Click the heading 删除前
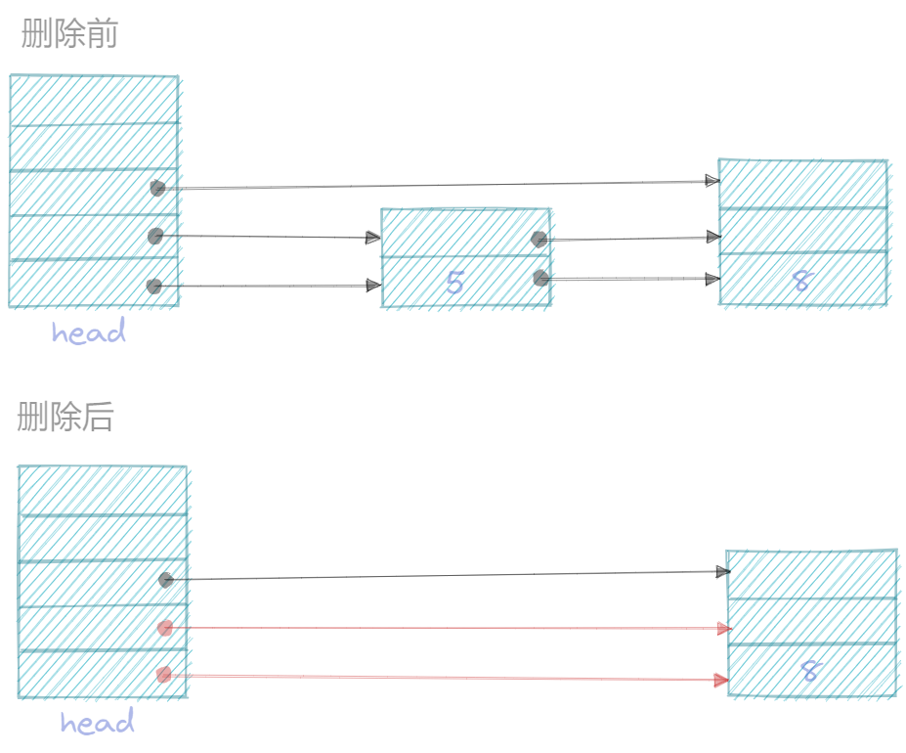click(x=69, y=35)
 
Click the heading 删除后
click(x=65, y=418)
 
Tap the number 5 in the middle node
click(x=454, y=283)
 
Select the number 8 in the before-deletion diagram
click(x=801, y=282)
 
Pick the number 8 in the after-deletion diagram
click(x=809, y=672)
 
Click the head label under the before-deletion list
click(x=89, y=333)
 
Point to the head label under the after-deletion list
click(x=97, y=724)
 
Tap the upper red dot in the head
click(x=165, y=628)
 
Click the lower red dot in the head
click(x=164, y=674)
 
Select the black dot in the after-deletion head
click(x=166, y=580)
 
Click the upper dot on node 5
click(x=539, y=240)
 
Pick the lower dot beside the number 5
click(x=540, y=279)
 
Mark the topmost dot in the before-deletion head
click(x=157, y=188)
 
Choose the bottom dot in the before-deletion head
click(x=153, y=286)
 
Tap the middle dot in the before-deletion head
click(x=155, y=236)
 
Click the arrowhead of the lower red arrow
click(x=721, y=680)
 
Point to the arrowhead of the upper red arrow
click(x=723, y=629)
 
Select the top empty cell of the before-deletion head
click(x=94, y=100)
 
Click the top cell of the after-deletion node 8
click(x=811, y=574)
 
